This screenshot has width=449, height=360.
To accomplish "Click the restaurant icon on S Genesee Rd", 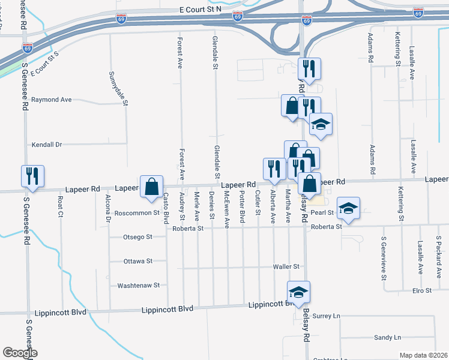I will click(x=31, y=176).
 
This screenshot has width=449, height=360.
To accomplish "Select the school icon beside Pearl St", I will click(x=348, y=208).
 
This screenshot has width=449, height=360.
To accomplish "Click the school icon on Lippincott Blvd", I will click(x=298, y=292).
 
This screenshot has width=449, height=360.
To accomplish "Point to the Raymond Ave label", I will click(x=52, y=100).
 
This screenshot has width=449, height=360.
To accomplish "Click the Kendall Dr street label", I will click(x=47, y=145).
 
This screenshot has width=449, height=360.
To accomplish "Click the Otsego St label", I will click(x=138, y=237).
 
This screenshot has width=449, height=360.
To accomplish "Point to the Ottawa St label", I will click(x=138, y=262).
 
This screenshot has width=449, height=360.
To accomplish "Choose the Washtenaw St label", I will click(x=139, y=286).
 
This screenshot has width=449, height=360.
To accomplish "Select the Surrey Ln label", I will click(x=327, y=316).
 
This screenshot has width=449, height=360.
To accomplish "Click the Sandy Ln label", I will click(x=387, y=338).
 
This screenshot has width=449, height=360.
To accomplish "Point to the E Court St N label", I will click(x=200, y=10).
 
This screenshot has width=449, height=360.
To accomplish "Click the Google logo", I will click(x=20, y=353).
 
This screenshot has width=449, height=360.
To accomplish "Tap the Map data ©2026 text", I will click(x=423, y=355).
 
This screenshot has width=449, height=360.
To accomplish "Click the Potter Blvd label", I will click(x=243, y=205).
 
